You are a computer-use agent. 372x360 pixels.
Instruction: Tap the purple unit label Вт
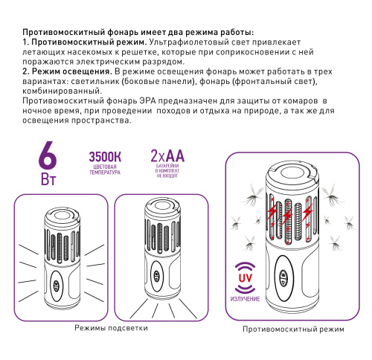47,181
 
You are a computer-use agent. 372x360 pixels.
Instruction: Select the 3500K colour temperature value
106,157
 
